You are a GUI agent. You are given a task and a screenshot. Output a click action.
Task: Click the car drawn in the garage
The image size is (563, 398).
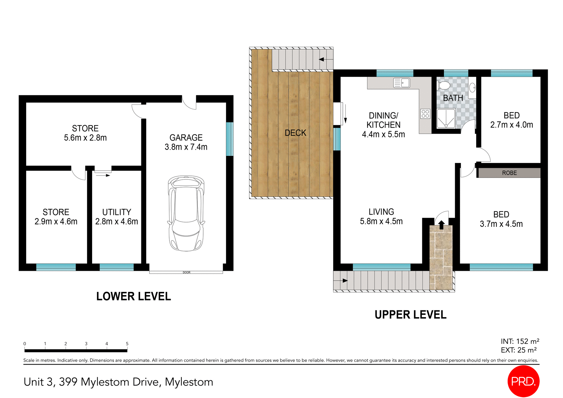(186, 213)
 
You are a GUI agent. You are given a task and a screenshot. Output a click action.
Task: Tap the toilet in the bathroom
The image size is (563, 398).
(444, 86)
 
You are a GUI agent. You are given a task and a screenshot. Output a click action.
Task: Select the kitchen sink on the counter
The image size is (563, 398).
(401, 83)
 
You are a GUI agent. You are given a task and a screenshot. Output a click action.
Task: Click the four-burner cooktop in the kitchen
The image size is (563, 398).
(425, 114)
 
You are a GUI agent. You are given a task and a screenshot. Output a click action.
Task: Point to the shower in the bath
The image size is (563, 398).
(446, 118)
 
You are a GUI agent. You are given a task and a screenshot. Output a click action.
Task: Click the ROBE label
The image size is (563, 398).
(509, 173)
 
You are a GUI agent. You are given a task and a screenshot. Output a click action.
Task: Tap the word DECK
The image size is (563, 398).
(295, 133)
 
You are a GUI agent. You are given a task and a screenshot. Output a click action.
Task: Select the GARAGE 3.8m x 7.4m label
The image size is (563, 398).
(186, 142)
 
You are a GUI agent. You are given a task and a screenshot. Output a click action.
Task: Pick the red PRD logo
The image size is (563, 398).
(523, 381)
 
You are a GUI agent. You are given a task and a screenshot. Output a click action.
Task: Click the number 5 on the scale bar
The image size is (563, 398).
(127, 344)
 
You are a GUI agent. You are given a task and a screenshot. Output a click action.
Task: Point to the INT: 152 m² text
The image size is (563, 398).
(520, 341)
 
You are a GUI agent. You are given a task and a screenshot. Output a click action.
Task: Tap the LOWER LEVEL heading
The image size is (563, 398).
(133, 296)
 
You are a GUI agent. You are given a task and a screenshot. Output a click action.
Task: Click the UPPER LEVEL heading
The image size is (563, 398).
(410, 315)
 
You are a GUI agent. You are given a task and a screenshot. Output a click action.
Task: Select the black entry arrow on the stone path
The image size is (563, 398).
(441, 225)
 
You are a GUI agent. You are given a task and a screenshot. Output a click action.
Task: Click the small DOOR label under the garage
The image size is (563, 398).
(186, 273)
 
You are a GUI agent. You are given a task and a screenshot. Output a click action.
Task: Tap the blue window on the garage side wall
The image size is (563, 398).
(230, 139)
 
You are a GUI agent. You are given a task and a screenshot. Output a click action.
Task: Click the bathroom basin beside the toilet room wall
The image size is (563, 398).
(472, 87)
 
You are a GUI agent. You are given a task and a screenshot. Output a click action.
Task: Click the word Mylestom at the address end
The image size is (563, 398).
(189, 382)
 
